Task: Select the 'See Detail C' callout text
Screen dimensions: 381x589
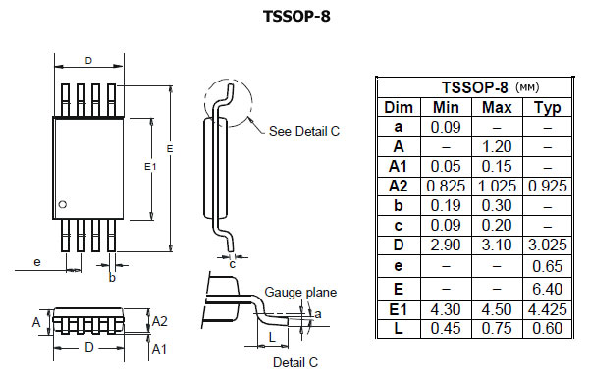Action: click(x=303, y=131)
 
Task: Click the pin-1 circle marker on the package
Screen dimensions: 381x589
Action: click(x=63, y=204)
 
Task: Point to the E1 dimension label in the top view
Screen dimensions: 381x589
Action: click(x=150, y=167)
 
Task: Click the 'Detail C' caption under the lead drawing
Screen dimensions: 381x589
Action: click(x=294, y=362)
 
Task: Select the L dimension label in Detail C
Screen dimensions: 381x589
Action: click(x=271, y=338)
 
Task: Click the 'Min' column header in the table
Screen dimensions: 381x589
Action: click(x=447, y=107)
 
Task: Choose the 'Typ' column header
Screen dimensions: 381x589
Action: click(x=547, y=107)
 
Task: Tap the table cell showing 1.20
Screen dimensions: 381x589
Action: click(x=496, y=145)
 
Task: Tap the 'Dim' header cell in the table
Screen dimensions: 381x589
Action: click(x=399, y=107)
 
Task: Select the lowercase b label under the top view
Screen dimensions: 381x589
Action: click(x=113, y=278)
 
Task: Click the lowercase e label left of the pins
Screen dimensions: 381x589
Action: click(x=36, y=262)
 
